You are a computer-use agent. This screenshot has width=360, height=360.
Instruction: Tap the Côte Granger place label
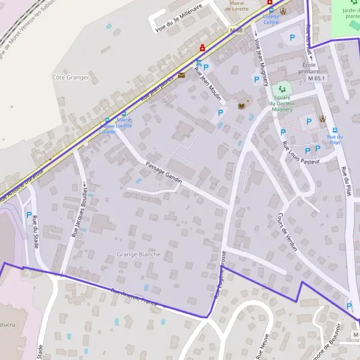71,77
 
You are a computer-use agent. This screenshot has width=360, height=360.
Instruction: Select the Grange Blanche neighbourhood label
139,254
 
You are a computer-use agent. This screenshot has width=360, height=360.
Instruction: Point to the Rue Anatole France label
133,298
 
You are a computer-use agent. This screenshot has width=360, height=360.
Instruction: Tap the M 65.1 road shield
316,79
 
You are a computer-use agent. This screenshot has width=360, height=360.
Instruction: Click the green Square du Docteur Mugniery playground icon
282,89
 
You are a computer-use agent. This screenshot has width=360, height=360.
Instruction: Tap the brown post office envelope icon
181,76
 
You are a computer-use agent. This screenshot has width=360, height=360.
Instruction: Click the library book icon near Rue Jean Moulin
242,106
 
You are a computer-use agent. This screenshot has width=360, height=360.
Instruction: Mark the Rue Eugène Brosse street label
220,275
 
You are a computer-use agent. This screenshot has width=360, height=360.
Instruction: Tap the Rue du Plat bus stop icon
335,130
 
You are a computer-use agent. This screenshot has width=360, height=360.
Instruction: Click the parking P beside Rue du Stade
28,214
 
